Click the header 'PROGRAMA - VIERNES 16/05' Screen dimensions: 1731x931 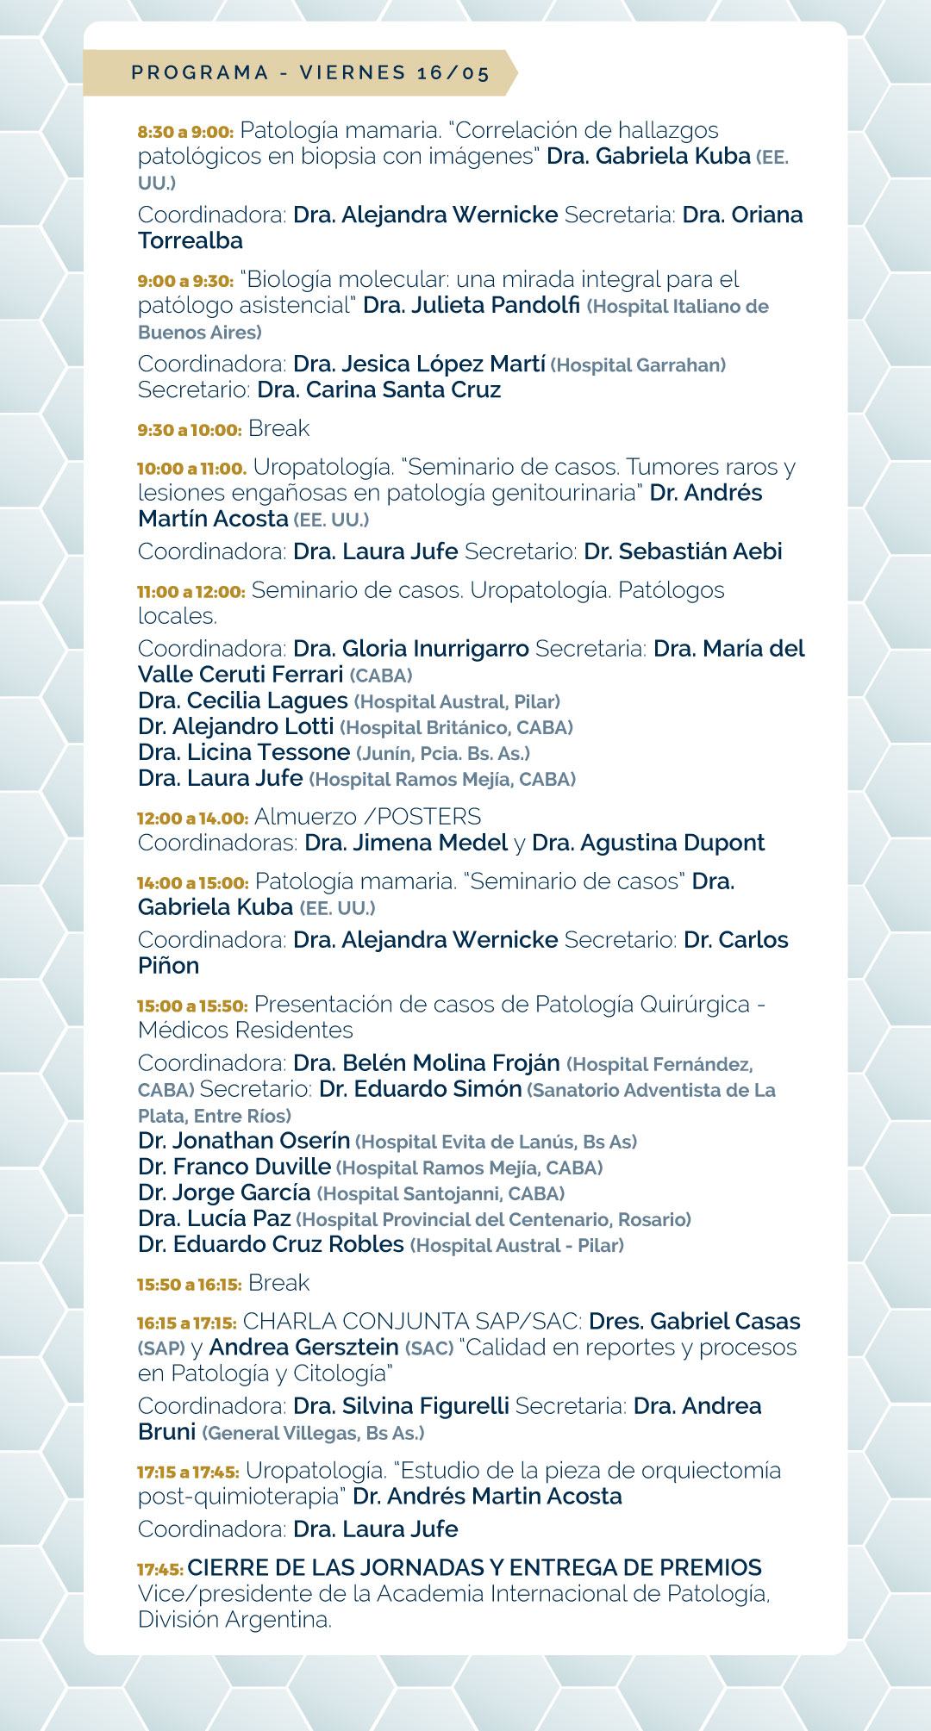(310, 72)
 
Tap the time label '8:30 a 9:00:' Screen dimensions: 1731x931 (185, 132)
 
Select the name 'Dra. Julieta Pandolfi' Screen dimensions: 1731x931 (472, 305)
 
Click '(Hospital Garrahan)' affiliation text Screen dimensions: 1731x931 (638, 365)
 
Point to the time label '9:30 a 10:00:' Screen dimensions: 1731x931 (190, 430)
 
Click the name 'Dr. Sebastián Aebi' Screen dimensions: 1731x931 (683, 551)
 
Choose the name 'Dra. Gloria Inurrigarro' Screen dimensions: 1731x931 (410, 649)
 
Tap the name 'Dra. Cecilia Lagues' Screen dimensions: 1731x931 (243, 700)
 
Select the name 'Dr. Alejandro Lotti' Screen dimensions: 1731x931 (235, 726)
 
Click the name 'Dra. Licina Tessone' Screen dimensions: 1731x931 (244, 752)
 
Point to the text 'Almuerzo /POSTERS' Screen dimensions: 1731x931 (367, 817)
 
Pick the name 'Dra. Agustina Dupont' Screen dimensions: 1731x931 (648, 843)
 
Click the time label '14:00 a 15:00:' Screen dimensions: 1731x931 (192, 883)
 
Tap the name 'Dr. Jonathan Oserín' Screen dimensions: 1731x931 (244, 1141)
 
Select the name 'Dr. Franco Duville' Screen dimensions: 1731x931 (234, 1167)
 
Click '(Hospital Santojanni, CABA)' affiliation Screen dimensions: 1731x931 (441, 1193)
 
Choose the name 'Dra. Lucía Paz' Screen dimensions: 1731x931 (214, 1218)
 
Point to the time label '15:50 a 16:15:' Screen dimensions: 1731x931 (189, 1285)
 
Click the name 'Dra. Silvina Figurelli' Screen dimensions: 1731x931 (401, 1406)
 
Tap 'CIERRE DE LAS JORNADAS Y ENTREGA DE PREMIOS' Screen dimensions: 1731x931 (474, 1567)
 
